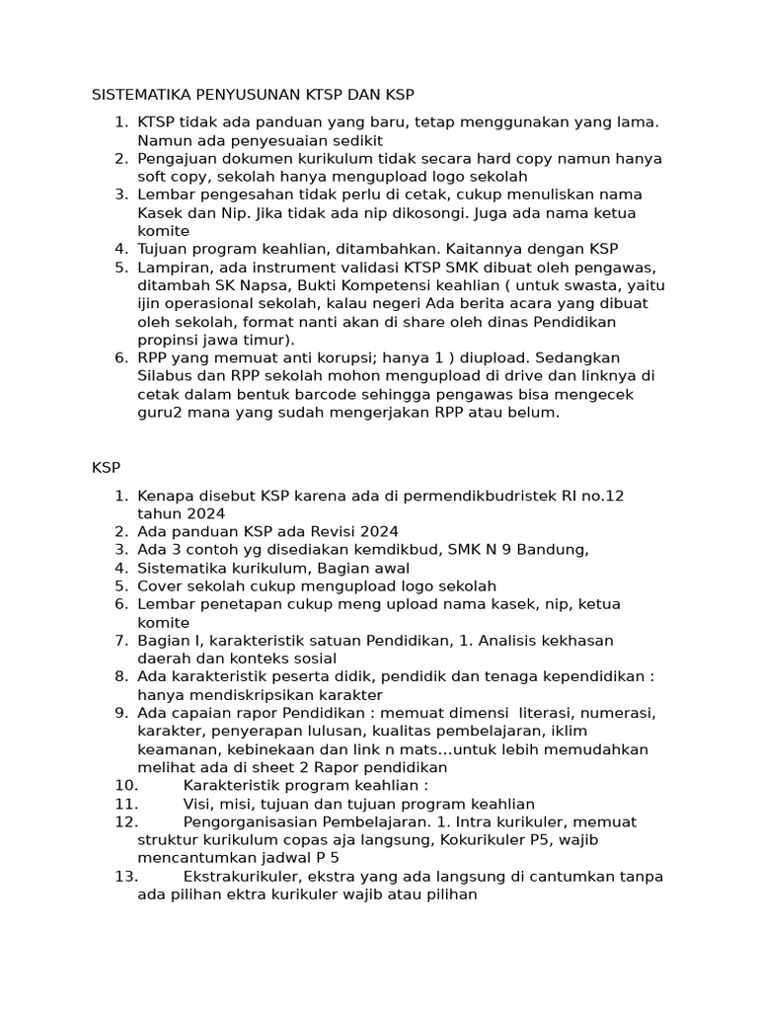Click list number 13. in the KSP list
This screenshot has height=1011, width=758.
(126, 877)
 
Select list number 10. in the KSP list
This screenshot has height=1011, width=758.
(126, 786)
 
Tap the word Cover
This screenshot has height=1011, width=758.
(161, 585)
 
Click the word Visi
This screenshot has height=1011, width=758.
(201, 804)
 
